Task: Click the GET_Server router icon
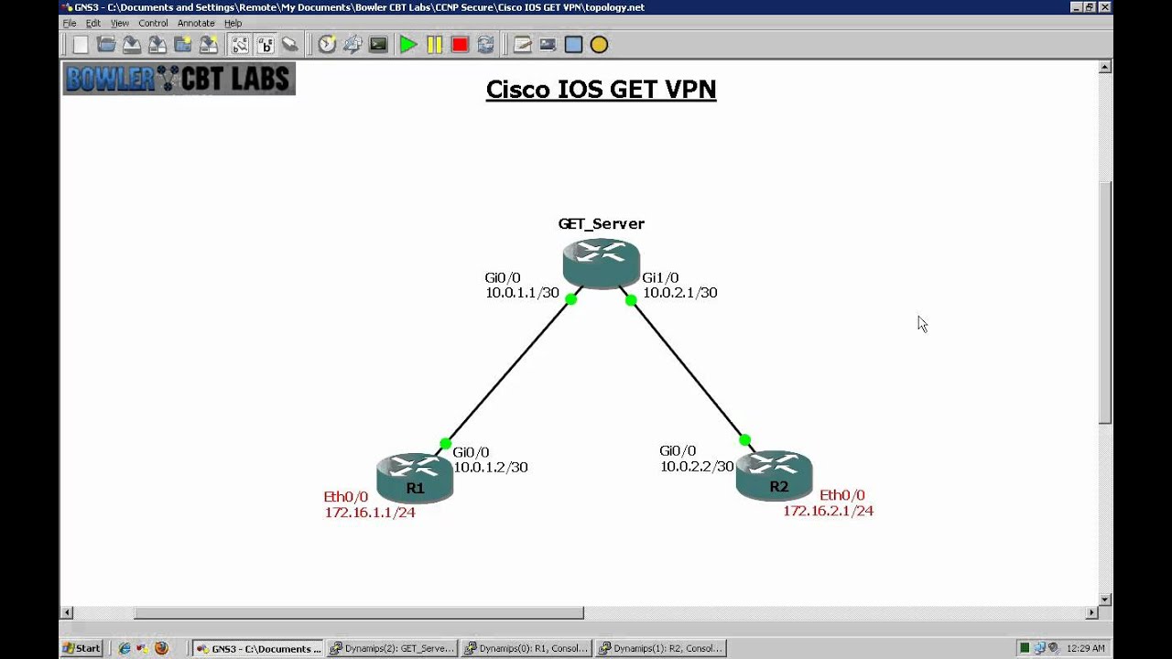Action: [x=601, y=263]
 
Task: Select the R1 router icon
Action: [x=415, y=477]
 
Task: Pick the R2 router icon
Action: [x=774, y=475]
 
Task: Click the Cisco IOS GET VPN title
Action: [x=601, y=89]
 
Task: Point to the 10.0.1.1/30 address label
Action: [x=522, y=293]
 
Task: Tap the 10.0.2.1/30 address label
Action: [x=679, y=293]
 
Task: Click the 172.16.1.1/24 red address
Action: [x=370, y=513]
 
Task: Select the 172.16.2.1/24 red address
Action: [x=828, y=511]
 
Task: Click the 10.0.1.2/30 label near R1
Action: [x=491, y=467]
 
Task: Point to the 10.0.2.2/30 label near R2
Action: [x=697, y=466]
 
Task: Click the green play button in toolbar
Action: [x=408, y=45]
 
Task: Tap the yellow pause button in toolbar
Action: [x=434, y=45]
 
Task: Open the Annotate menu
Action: [x=196, y=23]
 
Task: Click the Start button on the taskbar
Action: [x=81, y=648]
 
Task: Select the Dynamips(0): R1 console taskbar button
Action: [x=526, y=648]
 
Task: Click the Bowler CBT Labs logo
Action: [x=179, y=79]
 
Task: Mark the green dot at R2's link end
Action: [x=745, y=440]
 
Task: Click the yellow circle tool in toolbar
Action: [x=599, y=45]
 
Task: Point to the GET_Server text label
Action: [x=601, y=223]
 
